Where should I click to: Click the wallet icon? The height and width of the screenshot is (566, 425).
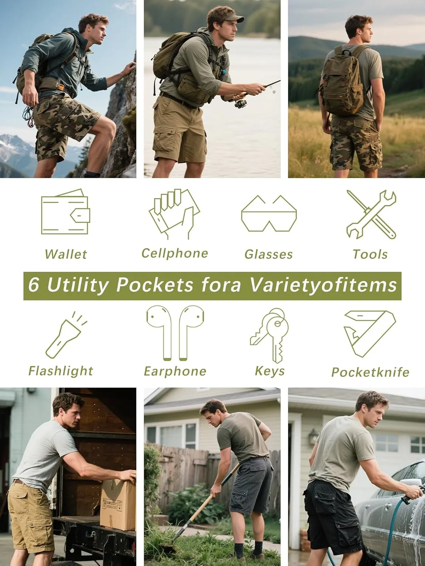pos(65,212)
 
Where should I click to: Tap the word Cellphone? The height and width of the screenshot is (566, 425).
pos(175,253)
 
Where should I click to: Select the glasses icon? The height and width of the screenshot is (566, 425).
pos(269,214)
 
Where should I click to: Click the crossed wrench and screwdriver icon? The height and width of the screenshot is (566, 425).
pos(371,214)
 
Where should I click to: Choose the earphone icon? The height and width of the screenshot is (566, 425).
pos(175,333)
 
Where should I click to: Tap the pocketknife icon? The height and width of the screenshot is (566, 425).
pos(369,333)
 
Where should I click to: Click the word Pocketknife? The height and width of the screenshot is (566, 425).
pos(370,372)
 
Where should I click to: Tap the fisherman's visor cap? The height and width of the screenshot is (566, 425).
pos(228,18)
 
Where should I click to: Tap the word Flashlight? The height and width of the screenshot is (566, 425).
pos(60,371)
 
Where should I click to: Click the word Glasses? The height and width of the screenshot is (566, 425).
pos(269,254)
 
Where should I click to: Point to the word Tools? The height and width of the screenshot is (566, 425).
pos(370,254)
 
